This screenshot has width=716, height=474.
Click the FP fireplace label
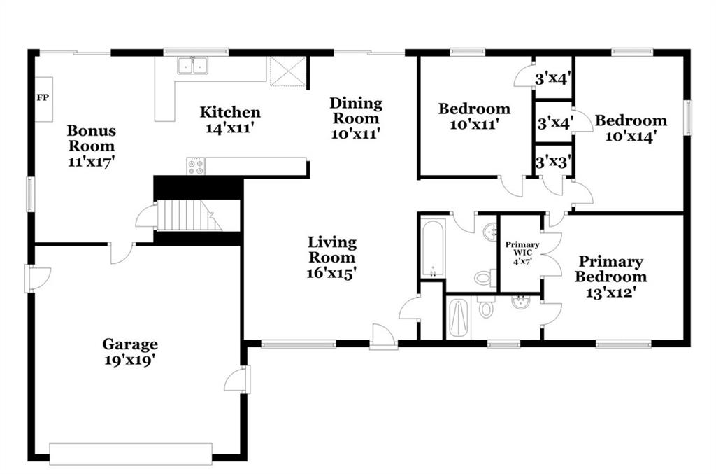pyautogui.click(x=43, y=97)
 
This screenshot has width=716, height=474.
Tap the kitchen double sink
pyautogui.click(x=193, y=65)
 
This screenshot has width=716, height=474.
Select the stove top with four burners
pyautogui.click(x=196, y=165)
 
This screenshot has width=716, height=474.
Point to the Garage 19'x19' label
pyautogui.click(x=131, y=352)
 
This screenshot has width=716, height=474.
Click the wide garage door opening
pyautogui.click(x=131, y=454)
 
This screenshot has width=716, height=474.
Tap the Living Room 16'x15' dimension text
pyautogui.click(x=331, y=273)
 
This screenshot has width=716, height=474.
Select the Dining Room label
pyautogui.click(x=356, y=110)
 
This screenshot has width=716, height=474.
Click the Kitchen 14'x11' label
pyautogui.click(x=230, y=119)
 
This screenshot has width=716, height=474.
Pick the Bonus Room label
pyautogui.click(x=92, y=138)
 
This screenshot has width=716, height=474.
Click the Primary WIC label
pyautogui.click(x=522, y=248)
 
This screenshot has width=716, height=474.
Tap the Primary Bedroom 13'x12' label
pyautogui.click(x=610, y=277)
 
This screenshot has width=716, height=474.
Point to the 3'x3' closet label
pyautogui.click(x=554, y=161)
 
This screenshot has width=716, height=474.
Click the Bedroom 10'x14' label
pyautogui.click(x=631, y=127)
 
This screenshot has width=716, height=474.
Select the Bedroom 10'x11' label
pyautogui.click(x=474, y=116)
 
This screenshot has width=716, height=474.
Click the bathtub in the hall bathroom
pyautogui.click(x=433, y=248)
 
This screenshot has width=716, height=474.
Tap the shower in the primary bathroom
pyautogui.click(x=459, y=318)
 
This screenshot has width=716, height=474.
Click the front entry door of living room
pyautogui.click(x=384, y=337)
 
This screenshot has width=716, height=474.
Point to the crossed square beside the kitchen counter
pyautogui.click(x=287, y=71)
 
